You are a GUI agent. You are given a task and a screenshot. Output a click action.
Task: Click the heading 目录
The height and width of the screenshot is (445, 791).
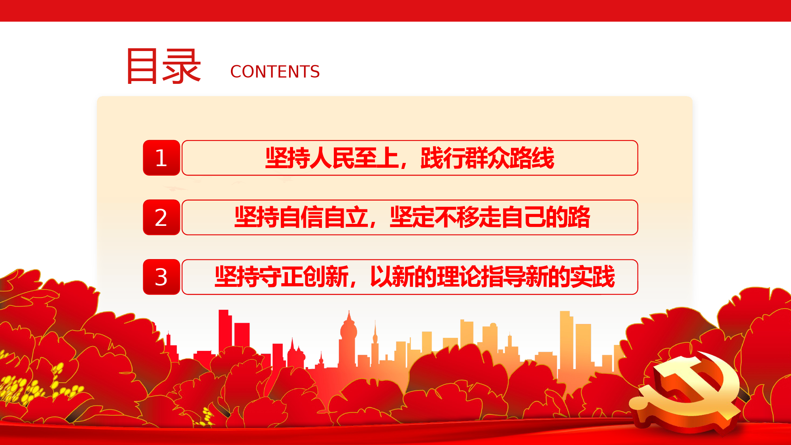163,66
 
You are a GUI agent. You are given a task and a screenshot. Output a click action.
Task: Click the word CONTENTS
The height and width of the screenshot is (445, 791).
275,72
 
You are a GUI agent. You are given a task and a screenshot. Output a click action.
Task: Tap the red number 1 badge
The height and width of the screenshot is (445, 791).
161,157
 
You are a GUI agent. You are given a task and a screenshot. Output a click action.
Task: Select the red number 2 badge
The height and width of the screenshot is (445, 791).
161,217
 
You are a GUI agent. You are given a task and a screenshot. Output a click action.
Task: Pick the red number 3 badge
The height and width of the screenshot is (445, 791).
161,277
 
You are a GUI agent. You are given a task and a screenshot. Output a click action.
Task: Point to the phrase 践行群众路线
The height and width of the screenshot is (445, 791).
487,158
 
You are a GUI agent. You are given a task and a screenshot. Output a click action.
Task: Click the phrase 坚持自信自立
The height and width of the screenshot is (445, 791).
301,217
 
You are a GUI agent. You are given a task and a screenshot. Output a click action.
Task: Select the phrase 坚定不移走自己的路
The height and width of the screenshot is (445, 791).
490,217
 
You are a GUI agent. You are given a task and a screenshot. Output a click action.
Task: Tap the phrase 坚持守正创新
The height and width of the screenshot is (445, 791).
282,276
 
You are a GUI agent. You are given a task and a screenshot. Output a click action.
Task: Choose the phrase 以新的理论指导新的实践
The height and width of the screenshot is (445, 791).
492,276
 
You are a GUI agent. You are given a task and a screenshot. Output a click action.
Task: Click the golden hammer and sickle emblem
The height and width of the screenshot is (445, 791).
686,392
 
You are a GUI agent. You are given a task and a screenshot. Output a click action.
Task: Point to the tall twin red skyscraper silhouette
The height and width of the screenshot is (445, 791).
234,332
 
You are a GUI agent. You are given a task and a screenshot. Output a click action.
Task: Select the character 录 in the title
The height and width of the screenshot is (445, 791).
182,66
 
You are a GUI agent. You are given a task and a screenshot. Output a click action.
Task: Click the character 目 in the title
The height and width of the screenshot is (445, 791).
142,66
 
